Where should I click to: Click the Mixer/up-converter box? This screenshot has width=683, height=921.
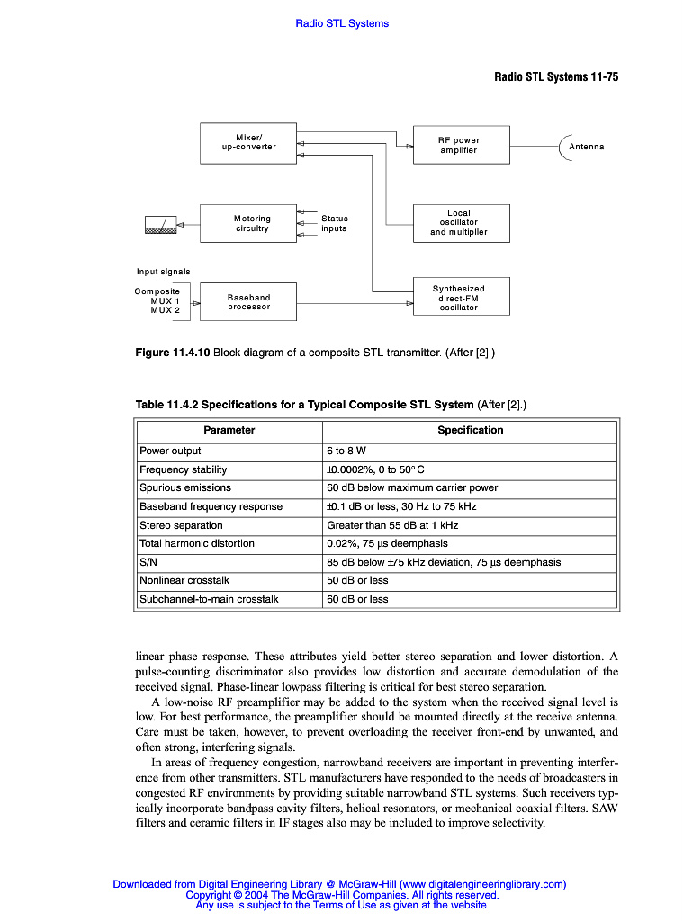click(x=247, y=142)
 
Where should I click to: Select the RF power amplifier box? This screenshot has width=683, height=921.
click(x=461, y=145)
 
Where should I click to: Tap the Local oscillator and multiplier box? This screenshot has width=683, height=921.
click(x=461, y=223)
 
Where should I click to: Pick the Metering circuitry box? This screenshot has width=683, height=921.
click(x=247, y=223)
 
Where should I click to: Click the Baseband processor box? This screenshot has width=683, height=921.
click(x=247, y=302)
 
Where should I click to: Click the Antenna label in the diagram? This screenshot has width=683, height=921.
click(x=587, y=147)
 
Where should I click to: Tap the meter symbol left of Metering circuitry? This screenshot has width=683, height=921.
click(x=160, y=225)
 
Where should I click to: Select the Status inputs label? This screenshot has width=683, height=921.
click(x=334, y=223)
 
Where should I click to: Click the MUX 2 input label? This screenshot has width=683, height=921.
click(x=165, y=310)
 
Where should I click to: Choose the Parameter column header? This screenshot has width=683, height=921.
click(x=229, y=430)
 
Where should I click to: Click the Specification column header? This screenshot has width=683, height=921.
click(x=470, y=430)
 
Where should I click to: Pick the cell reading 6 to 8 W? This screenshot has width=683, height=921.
click(x=346, y=451)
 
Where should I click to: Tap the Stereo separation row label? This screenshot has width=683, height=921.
click(x=181, y=525)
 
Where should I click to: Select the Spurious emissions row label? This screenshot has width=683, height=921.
click(x=184, y=487)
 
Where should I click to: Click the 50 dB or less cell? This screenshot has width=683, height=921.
click(x=357, y=580)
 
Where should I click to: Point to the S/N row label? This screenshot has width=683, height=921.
click(x=148, y=562)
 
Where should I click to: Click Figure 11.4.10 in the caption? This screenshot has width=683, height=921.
click(x=172, y=353)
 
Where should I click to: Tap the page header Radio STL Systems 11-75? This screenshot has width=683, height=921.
click(x=556, y=76)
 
